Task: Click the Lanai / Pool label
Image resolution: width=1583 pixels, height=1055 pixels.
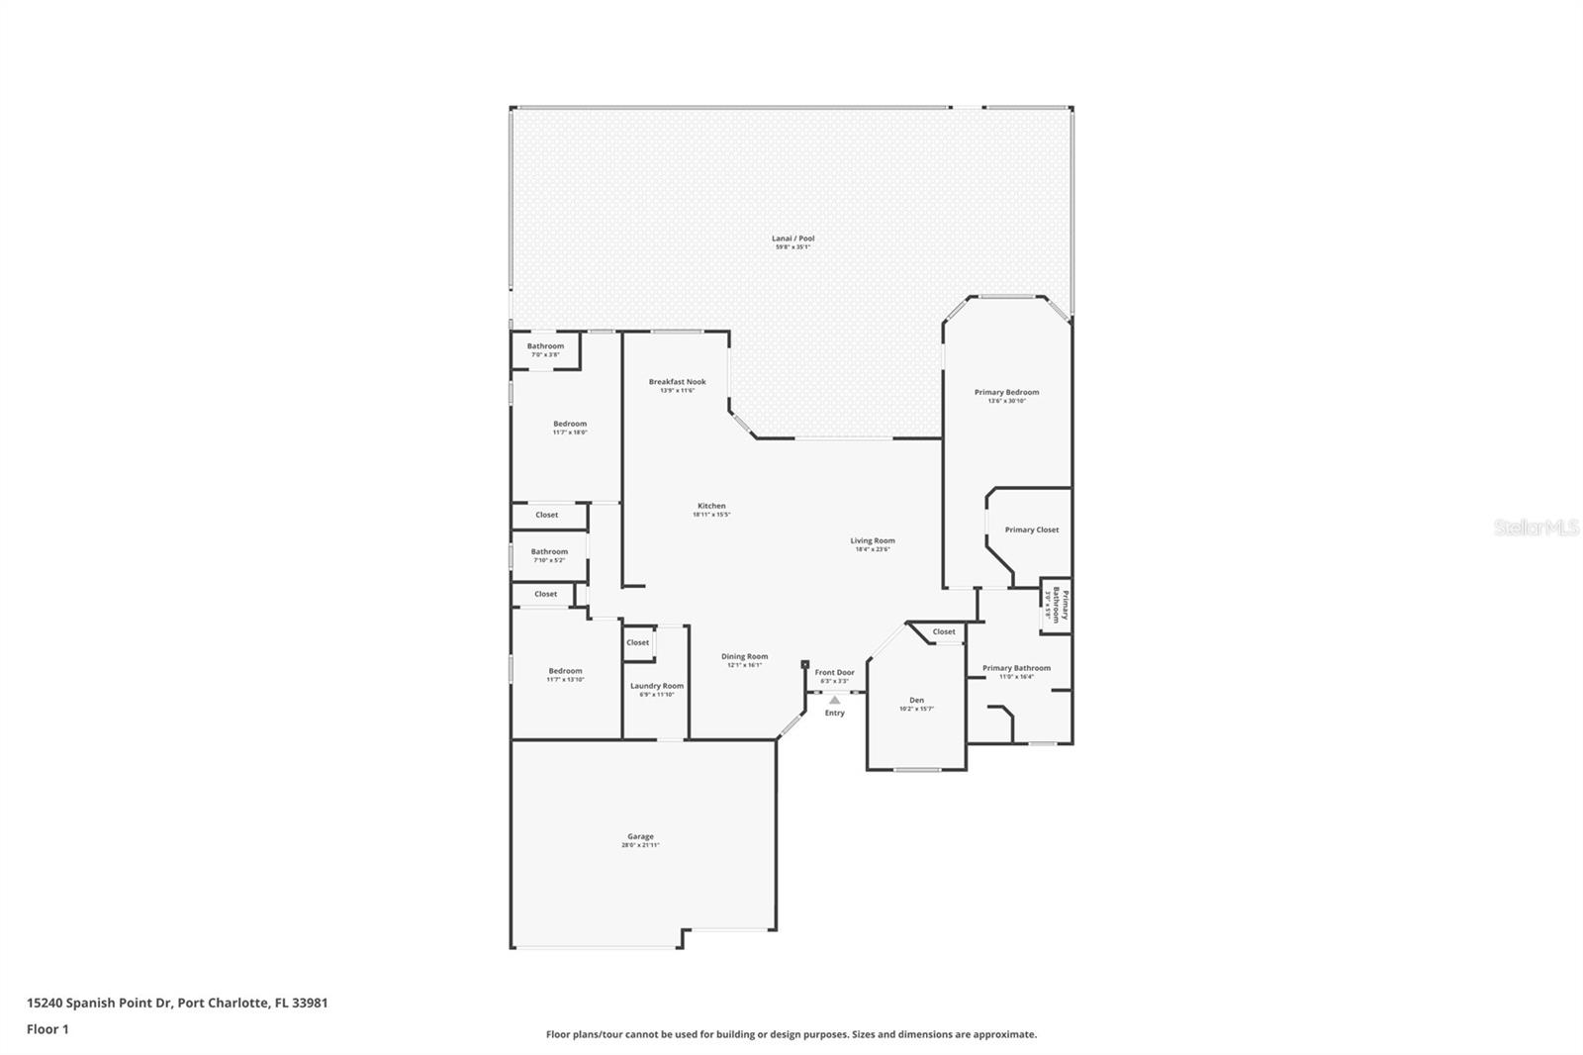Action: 792,239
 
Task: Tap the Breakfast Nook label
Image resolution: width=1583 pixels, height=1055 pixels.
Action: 677,382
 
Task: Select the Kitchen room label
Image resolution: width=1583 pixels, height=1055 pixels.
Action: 710,507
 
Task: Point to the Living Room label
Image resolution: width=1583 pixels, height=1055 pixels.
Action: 872,541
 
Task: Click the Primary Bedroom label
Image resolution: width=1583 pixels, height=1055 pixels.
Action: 1006,393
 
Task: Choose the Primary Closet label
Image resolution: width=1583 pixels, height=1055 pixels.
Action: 1031,530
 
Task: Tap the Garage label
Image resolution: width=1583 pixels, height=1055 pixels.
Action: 640,837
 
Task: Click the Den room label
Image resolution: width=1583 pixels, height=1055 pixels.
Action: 916,701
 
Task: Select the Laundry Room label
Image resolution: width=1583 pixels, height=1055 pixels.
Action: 657,686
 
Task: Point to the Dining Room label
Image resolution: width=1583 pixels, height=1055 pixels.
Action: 744,657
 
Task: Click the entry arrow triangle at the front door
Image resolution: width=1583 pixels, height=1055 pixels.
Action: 835,700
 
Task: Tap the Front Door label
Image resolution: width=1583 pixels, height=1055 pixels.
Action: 834,673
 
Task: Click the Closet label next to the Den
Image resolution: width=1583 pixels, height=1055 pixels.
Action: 944,631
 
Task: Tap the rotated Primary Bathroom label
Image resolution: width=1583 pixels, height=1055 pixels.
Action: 1056,605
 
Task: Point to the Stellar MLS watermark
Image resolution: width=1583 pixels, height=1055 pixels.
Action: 1535,528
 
